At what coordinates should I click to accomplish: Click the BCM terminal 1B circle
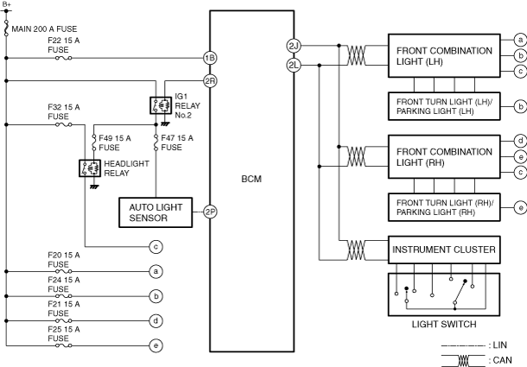pyautogui.click(x=210, y=58)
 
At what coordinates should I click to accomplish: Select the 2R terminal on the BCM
pyautogui.click(x=210, y=81)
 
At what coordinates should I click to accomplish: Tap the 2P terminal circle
pyautogui.click(x=210, y=212)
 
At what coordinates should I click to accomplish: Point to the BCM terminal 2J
pyautogui.click(x=294, y=46)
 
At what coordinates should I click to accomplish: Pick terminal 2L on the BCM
pyautogui.click(x=294, y=65)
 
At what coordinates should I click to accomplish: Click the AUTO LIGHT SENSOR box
pyautogui.click(x=156, y=212)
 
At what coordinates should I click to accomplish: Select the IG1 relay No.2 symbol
pyautogui.click(x=161, y=105)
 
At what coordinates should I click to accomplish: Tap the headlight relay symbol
pyautogui.click(x=90, y=168)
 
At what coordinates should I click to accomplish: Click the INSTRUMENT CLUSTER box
pyautogui.click(x=444, y=250)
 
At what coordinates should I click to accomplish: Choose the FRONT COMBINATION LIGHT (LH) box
pyautogui.click(x=444, y=56)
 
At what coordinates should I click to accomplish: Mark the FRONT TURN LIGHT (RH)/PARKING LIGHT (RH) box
pyautogui.click(x=444, y=207)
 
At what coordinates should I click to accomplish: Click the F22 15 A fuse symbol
pyautogui.click(x=64, y=58)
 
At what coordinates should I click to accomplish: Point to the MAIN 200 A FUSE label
pyautogui.click(x=44, y=28)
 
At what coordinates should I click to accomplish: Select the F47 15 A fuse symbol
pyautogui.click(x=156, y=142)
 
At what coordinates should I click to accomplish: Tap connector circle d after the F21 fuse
pyautogui.click(x=156, y=321)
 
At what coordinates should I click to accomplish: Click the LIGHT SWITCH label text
pyautogui.click(x=444, y=325)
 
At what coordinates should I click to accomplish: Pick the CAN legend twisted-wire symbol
pyautogui.click(x=463, y=360)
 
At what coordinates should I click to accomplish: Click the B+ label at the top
pyautogui.click(x=6, y=4)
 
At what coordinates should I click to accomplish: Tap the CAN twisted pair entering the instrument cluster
pyautogui.click(x=356, y=250)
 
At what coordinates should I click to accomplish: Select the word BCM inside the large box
pyautogui.click(x=251, y=179)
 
